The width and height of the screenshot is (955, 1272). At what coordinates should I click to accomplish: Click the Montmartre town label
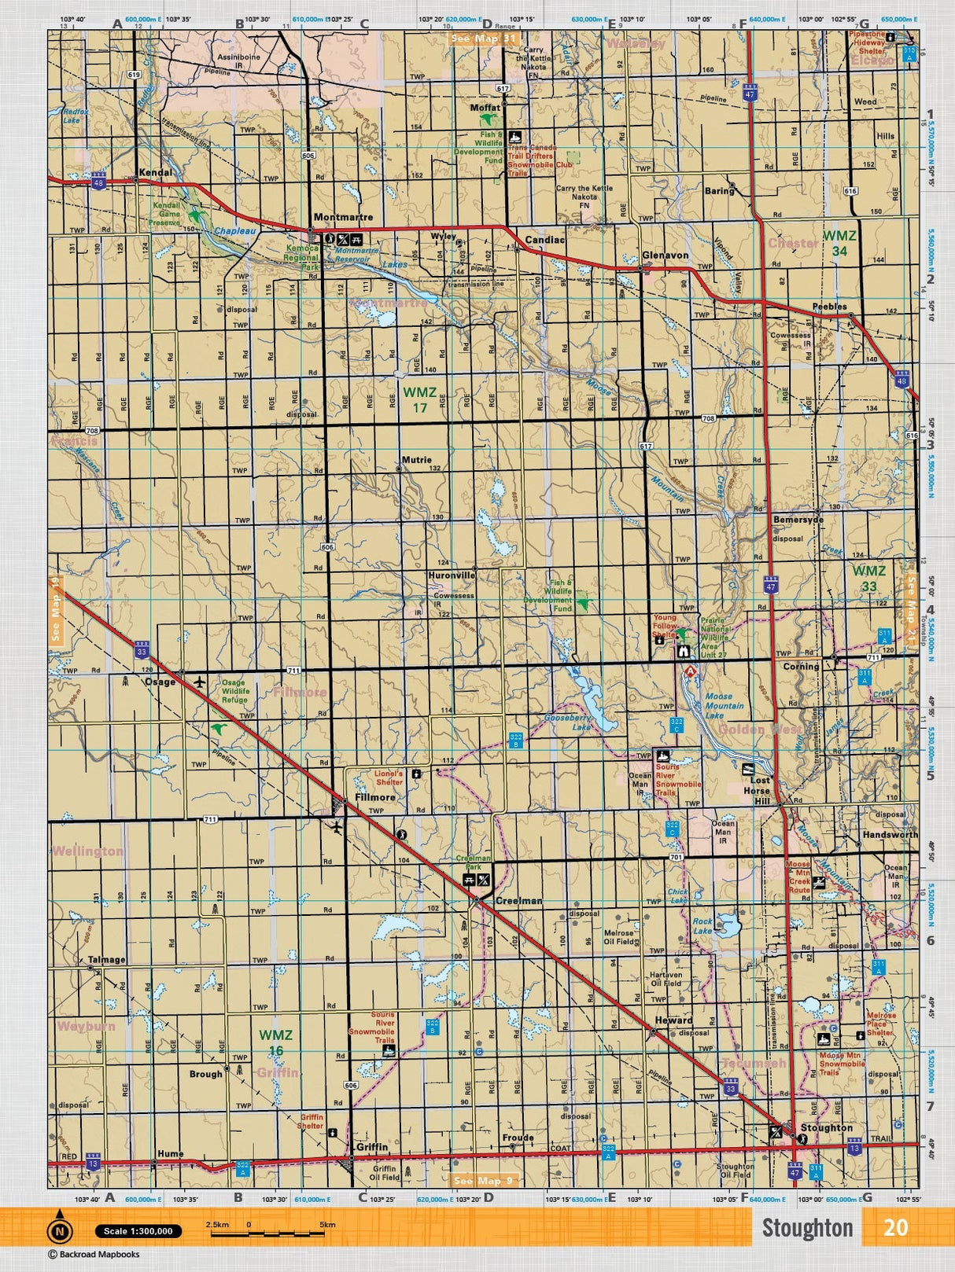343,217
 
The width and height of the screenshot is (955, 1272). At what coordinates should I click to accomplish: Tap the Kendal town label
154,171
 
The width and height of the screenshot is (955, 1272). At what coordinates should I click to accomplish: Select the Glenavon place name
665,256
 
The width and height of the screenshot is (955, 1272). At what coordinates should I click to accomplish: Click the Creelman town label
518,901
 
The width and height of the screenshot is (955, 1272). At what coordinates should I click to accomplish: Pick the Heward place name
674,1020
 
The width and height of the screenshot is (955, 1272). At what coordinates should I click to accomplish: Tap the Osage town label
160,682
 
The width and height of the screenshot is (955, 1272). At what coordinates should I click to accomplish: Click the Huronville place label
452,575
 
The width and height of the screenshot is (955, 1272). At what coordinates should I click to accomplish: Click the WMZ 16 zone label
275,1042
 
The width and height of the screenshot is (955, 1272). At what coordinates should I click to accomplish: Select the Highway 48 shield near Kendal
98,182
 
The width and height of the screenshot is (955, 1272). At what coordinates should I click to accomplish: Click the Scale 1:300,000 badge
139,1231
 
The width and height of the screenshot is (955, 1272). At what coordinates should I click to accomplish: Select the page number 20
895,1227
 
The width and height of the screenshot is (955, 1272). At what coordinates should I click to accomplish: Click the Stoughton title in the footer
806,1228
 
